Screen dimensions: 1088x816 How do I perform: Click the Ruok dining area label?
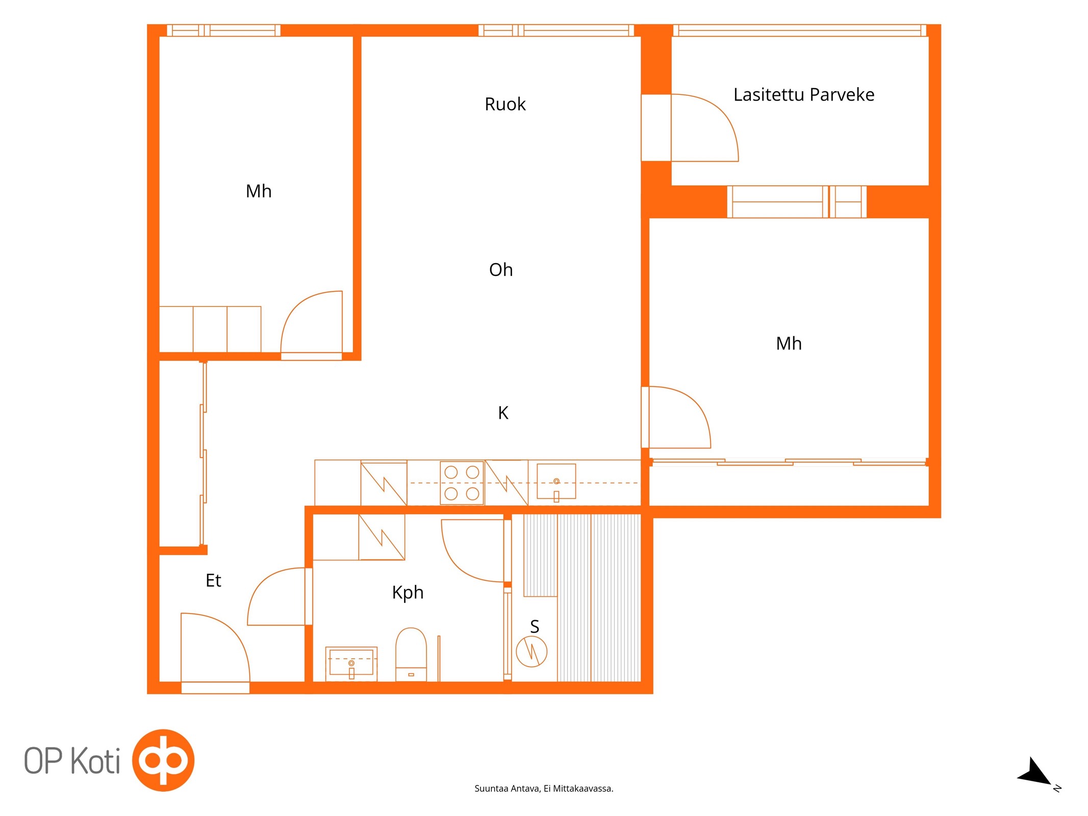coord(504,104)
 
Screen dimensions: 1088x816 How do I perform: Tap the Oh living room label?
coord(500,269)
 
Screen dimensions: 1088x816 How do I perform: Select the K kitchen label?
coord(503,413)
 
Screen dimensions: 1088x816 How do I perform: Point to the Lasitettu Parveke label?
coord(803,94)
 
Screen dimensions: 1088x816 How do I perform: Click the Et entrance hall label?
coord(213,580)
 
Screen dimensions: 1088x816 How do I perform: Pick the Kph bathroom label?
coord(408,593)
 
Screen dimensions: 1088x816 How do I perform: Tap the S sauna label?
coord(534,626)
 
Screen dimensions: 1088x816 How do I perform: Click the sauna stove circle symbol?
coord(532,651)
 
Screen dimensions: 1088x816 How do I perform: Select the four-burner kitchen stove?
coord(462,482)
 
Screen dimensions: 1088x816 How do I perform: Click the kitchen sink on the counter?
coord(556,481)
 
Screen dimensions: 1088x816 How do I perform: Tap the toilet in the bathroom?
coord(411,654)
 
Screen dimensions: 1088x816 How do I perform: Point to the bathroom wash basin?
coord(351,664)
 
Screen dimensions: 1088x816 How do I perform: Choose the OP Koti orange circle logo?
coord(163,760)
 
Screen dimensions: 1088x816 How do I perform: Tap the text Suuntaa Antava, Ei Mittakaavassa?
coord(544,788)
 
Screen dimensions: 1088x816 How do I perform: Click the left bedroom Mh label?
coord(259,191)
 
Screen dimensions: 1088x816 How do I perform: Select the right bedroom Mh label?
coord(789,344)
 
